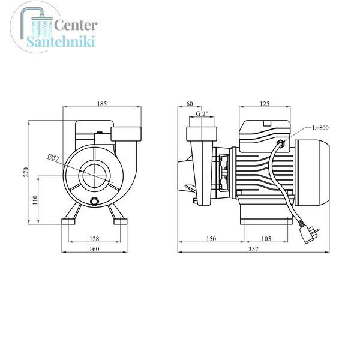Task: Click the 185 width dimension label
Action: point(102,104)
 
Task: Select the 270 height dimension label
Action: point(26,172)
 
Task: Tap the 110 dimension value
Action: point(35,200)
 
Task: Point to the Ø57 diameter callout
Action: point(54,158)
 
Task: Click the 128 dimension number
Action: point(94,239)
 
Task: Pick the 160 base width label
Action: point(94,249)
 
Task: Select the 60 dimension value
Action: point(190,104)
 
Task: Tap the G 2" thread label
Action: point(202,113)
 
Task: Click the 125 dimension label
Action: point(265,104)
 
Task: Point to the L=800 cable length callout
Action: point(320,127)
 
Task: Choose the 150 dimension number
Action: point(211,239)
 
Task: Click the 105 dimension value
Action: point(266,239)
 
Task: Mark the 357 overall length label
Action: point(253,249)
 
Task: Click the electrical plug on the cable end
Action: point(308,232)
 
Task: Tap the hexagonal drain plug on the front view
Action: point(94,202)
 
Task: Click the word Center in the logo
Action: point(76,25)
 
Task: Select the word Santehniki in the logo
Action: point(61,41)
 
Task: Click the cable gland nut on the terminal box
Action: point(281,143)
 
